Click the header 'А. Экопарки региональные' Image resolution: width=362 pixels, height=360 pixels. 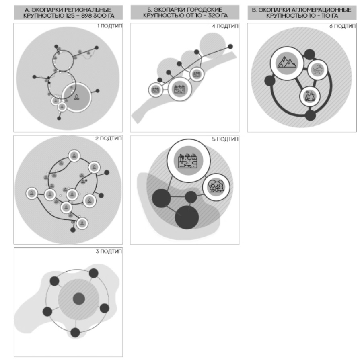[x=68, y=10]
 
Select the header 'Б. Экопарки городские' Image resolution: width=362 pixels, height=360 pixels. [x=185, y=10]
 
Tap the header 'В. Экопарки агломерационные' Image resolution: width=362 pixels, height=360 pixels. [x=302, y=10]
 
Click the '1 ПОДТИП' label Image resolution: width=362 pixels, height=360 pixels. [x=109, y=26]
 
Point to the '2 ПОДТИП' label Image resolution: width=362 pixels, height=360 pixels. [x=109, y=138]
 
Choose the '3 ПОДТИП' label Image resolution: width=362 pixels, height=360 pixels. [x=109, y=251]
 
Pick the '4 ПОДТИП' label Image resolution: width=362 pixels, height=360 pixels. [x=225, y=26]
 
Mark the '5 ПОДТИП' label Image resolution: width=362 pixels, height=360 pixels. [x=225, y=139]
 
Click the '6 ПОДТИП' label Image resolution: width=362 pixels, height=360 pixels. [x=342, y=26]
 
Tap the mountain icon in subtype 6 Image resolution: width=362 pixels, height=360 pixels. [x=287, y=63]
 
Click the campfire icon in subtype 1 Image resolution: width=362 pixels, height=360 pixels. [x=77, y=97]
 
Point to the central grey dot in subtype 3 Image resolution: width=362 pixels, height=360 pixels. [x=79, y=299]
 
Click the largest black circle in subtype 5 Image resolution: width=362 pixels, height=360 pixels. [x=187, y=217]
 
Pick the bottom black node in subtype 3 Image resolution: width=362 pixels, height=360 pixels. [x=75, y=333]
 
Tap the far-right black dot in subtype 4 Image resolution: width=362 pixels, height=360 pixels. [x=230, y=47]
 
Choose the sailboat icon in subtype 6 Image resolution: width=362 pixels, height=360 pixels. [x=310, y=96]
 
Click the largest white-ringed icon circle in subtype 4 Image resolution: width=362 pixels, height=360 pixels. [x=180, y=89]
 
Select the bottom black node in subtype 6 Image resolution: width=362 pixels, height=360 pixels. [x=311, y=115]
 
